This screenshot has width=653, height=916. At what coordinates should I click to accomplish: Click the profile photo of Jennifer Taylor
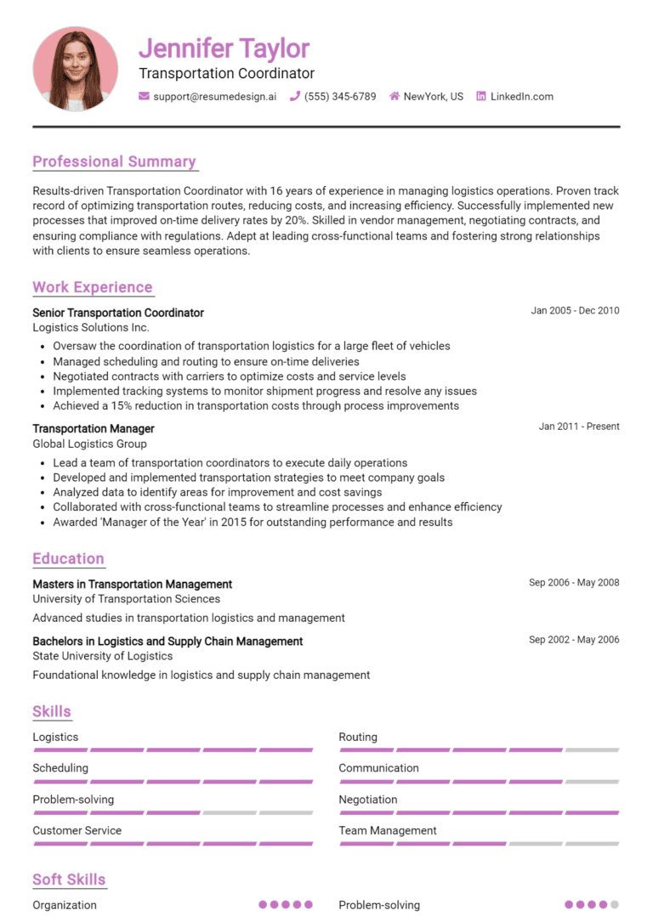click(x=75, y=69)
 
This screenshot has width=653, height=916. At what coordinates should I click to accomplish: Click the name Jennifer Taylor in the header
click(x=224, y=48)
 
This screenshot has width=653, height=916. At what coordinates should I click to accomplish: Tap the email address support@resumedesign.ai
click(x=214, y=97)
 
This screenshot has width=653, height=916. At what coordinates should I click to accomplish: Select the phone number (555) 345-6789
click(x=339, y=97)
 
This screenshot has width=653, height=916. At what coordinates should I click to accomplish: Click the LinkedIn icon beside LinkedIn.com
click(x=481, y=97)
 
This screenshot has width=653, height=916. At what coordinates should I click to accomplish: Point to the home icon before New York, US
click(x=395, y=97)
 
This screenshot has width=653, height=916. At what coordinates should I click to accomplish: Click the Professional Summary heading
click(x=114, y=161)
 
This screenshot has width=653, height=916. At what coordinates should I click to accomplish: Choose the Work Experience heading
click(x=92, y=287)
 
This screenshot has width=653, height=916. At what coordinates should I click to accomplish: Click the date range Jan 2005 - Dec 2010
click(x=575, y=311)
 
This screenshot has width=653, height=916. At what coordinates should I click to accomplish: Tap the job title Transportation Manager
click(x=94, y=429)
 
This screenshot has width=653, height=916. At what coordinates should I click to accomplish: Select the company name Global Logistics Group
click(x=89, y=444)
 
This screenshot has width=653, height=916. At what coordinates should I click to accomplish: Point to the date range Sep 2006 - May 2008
click(x=574, y=583)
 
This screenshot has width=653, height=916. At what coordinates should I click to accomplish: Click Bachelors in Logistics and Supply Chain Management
click(x=168, y=642)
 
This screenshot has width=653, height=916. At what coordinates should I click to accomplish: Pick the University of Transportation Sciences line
click(x=126, y=599)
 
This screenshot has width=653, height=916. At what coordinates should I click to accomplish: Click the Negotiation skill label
click(x=367, y=800)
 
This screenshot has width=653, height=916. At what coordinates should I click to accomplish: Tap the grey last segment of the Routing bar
click(x=592, y=750)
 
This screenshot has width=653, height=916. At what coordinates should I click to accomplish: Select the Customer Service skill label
click(x=77, y=831)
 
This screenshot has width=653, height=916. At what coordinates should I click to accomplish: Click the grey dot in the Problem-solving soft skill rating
click(x=615, y=905)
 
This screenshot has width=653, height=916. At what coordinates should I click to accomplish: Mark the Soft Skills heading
click(x=69, y=879)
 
